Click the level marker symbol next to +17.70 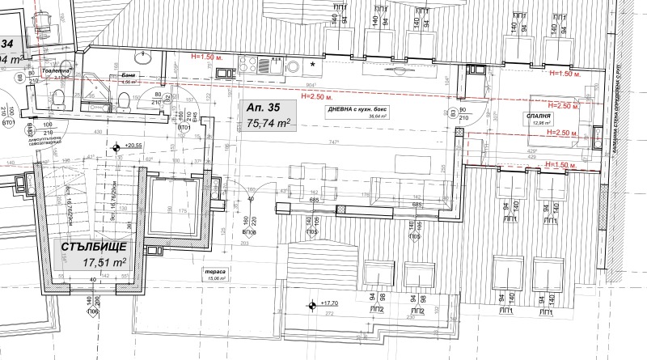click(311, 305)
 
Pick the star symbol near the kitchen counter click(313, 63)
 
